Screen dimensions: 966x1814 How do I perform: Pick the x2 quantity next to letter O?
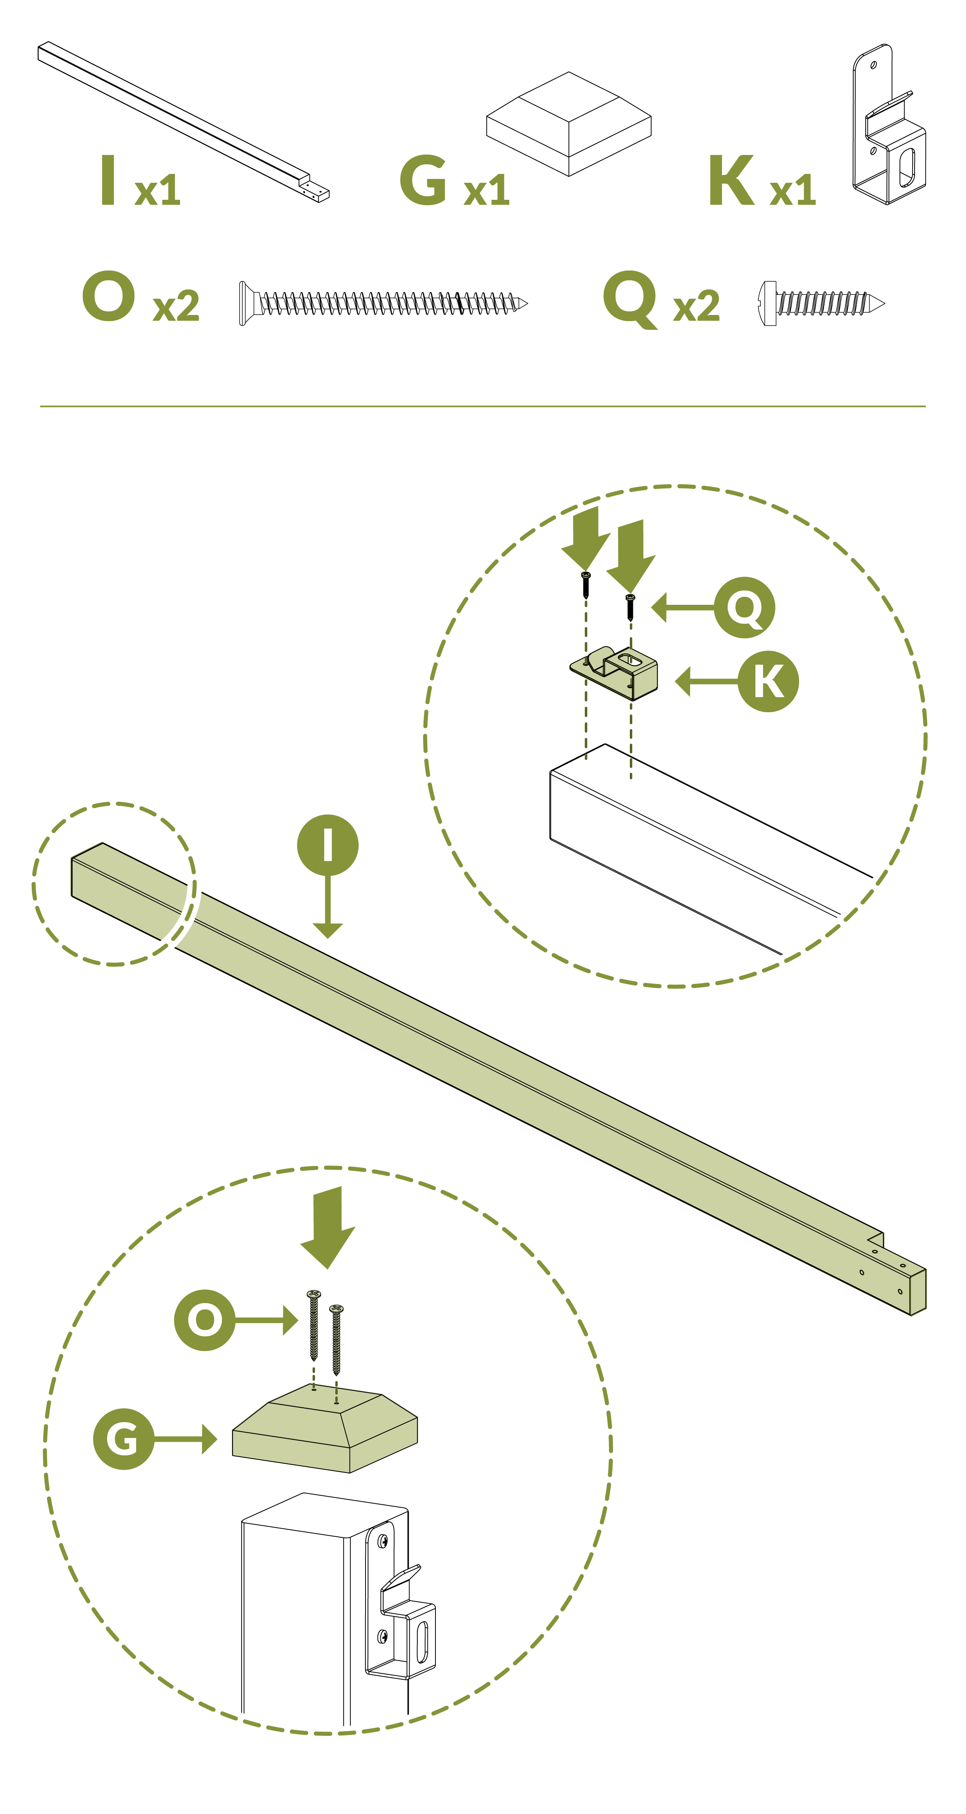(x=176, y=306)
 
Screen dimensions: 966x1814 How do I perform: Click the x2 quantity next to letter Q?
(x=696, y=306)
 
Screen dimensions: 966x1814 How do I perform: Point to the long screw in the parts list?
(x=383, y=303)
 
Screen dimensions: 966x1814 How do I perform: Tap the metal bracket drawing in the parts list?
(x=889, y=125)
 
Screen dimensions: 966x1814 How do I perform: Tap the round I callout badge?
(x=327, y=845)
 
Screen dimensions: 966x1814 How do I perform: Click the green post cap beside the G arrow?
(x=325, y=1428)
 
